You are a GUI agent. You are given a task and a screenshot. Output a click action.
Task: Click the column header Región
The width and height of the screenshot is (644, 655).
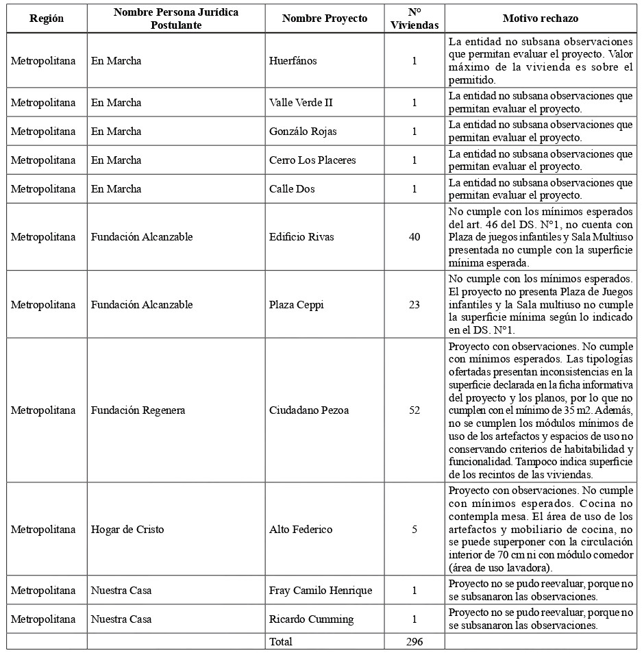coord(47,18)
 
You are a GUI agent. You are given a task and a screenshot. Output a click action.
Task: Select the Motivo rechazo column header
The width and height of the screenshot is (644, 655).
coord(541,18)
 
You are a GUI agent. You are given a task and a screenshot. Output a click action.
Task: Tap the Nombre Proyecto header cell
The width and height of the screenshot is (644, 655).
coord(325,18)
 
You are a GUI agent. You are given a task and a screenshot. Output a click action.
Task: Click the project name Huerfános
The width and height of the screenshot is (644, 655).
coord(293,61)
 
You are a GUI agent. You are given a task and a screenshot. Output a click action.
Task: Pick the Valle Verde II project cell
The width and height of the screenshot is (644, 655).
coord(301,103)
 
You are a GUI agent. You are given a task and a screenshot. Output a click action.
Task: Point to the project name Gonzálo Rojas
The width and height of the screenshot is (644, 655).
coord(303,132)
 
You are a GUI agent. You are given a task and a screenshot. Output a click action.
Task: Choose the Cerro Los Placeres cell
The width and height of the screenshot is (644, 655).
coord(312,160)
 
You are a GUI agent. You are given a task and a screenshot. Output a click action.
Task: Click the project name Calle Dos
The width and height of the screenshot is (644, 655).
coord(292,189)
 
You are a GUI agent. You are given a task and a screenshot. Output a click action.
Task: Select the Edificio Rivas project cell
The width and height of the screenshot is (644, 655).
coord(301,237)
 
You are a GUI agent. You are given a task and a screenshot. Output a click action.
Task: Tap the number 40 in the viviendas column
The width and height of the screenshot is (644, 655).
coord(414,237)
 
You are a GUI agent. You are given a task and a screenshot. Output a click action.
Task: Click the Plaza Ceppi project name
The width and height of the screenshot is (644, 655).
coord(297,304)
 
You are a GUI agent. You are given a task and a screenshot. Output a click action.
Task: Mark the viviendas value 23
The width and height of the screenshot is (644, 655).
coord(414,304)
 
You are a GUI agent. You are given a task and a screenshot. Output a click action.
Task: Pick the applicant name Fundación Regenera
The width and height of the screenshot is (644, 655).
coord(138,410)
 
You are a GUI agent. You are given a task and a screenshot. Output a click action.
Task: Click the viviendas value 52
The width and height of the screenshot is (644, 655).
coord(414,410)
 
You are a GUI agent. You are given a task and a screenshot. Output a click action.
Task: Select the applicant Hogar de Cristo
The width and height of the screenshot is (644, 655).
coord(127,530)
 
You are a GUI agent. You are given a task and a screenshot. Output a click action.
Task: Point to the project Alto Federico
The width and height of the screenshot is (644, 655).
coord(301,530)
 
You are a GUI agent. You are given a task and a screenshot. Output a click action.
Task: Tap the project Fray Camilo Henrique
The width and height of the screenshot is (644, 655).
coord(321,591)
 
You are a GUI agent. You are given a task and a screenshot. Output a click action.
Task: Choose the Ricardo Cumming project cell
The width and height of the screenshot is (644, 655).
coord(312,619)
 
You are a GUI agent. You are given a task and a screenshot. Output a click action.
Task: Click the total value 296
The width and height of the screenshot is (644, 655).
coord(414,642)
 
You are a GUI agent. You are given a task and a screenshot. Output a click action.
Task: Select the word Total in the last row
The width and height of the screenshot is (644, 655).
coord(281,642)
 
